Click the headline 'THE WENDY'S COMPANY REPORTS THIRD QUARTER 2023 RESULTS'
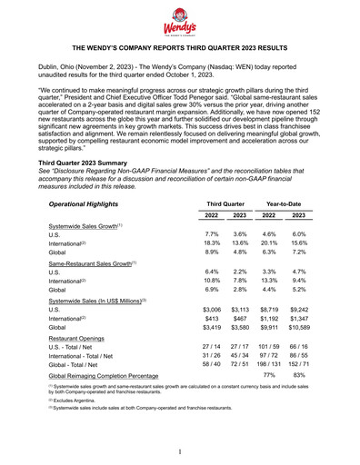coord(180,45)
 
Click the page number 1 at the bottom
coord(180,451)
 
